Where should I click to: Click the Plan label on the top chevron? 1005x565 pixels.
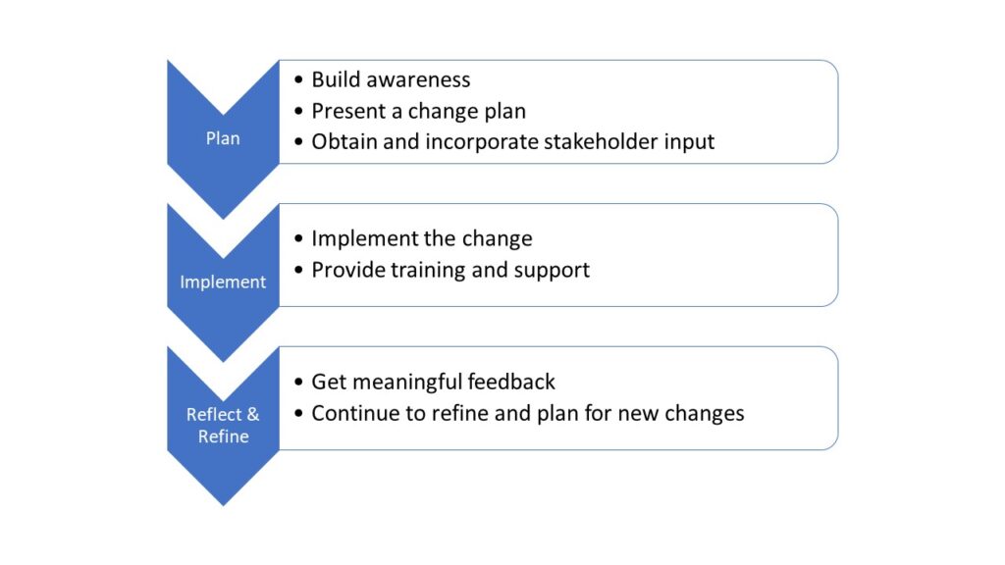(223, 138)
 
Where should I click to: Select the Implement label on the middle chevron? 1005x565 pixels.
(223, 282)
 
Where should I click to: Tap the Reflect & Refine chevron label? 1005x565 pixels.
(223, 425)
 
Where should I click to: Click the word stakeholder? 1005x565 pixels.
(602, 141)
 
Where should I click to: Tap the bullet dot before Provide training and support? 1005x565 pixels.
(298, 270)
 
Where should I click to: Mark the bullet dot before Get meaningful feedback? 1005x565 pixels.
(298, 383)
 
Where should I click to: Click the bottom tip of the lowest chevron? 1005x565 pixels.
(223, 502)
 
